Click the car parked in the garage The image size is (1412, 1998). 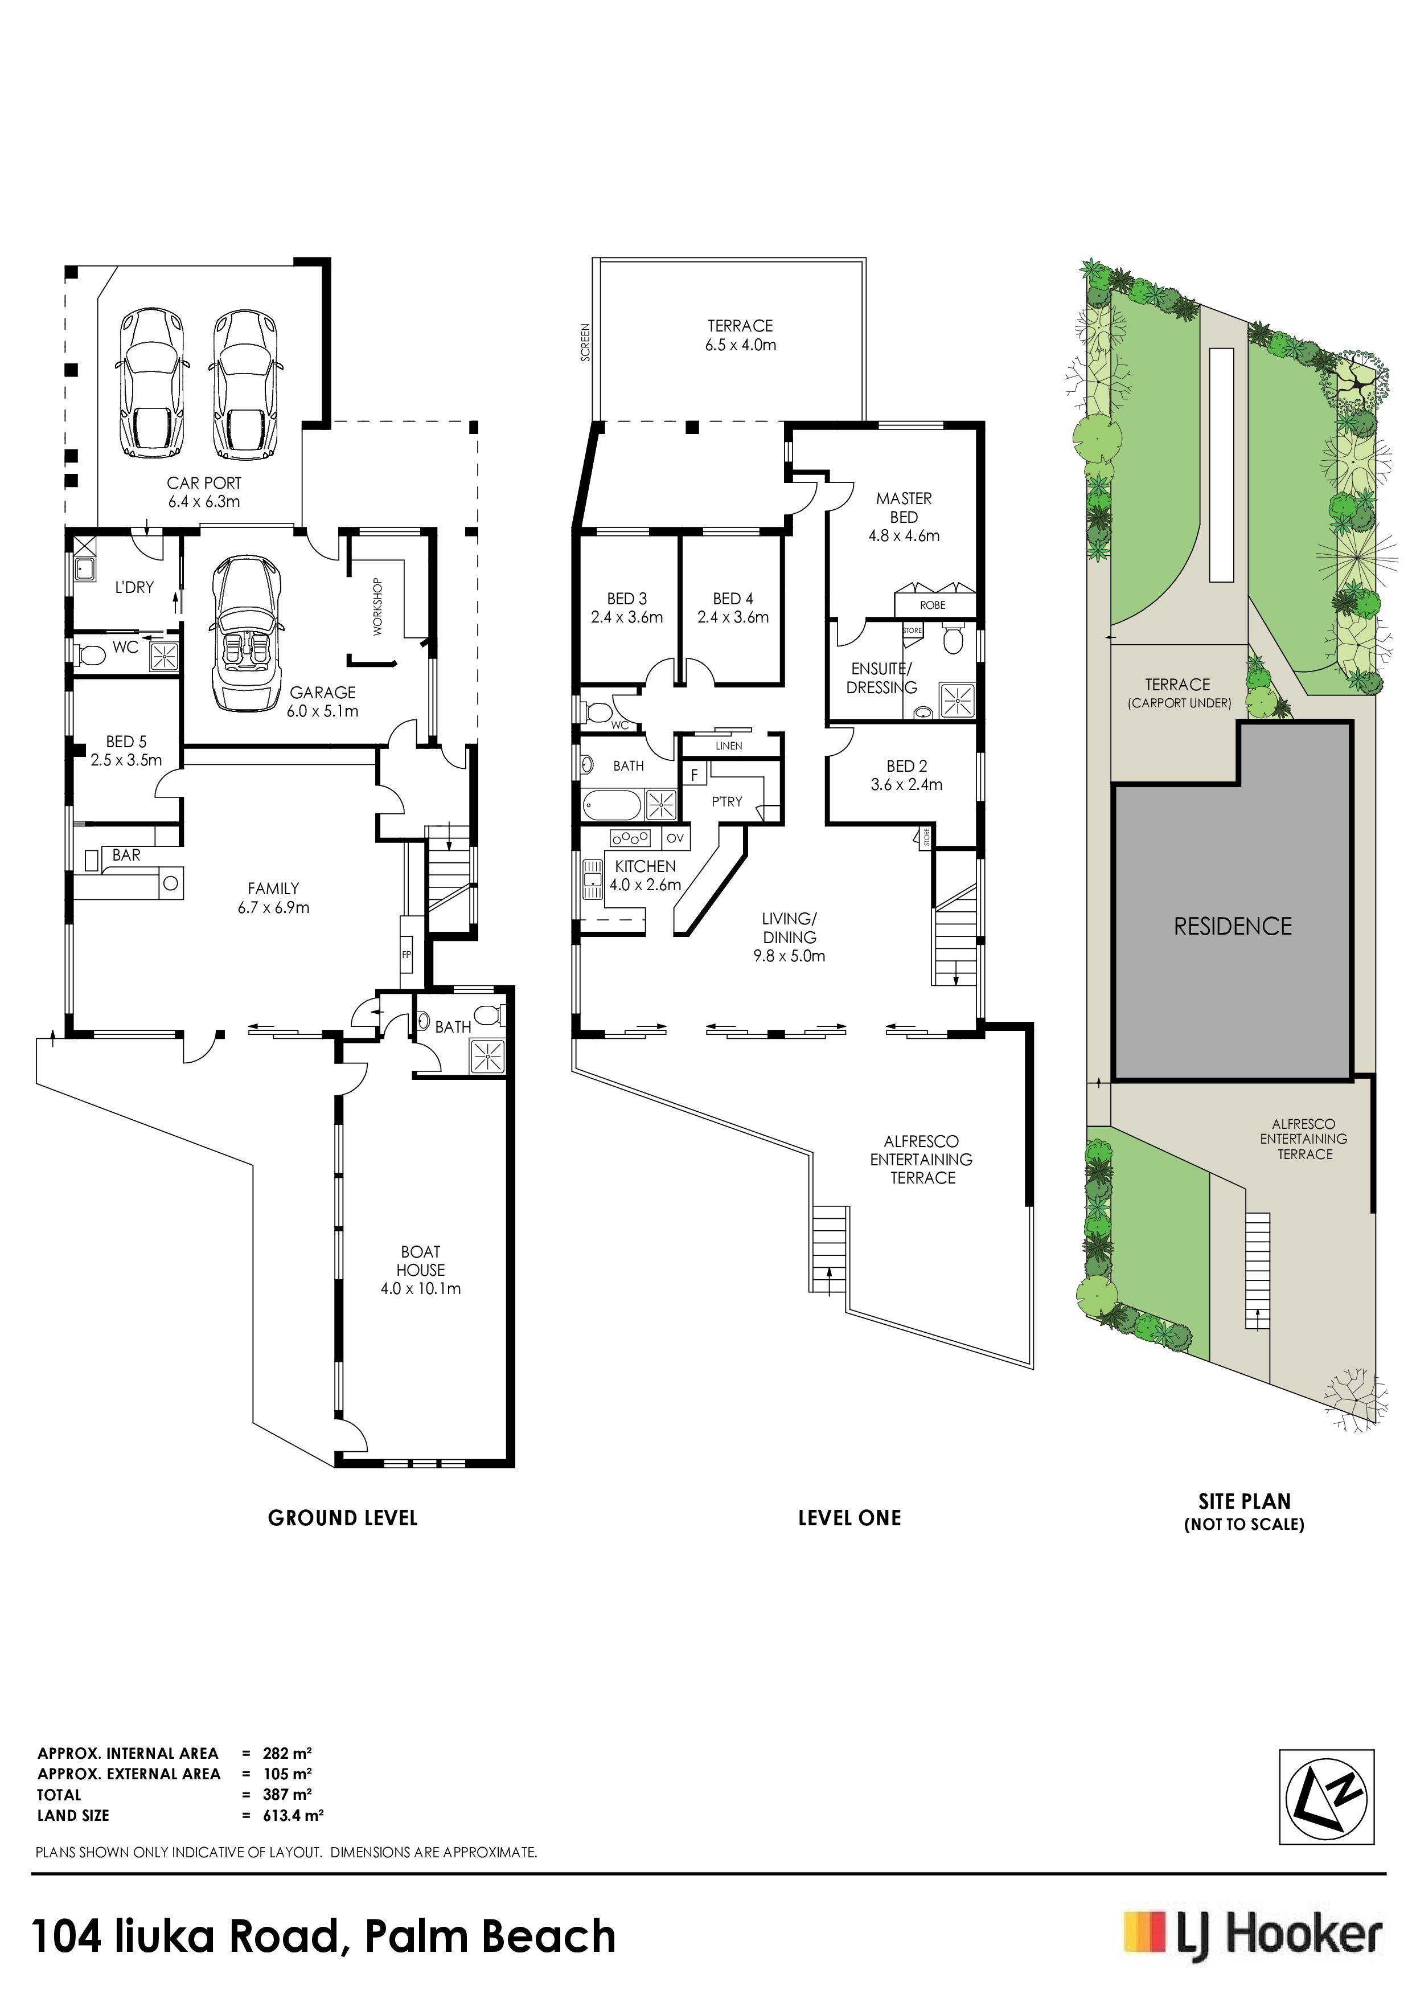point(244,633)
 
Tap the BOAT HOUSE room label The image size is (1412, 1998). point(421,1261)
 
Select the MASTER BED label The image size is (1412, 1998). point(904,507)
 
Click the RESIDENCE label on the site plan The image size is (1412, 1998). point(1233,926)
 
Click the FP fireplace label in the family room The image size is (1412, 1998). point(407,955)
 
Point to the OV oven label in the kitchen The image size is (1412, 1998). point(675,838)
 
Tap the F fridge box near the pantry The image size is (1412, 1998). point(694,773)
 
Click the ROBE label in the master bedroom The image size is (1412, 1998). point(933,605)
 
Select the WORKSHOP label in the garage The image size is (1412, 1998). point(377,607)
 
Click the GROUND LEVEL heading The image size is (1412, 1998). point(343,1518)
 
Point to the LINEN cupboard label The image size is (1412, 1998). point(729,746)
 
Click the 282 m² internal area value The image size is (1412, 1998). point(287,1754)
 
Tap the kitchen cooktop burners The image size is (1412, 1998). point(631,838)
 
